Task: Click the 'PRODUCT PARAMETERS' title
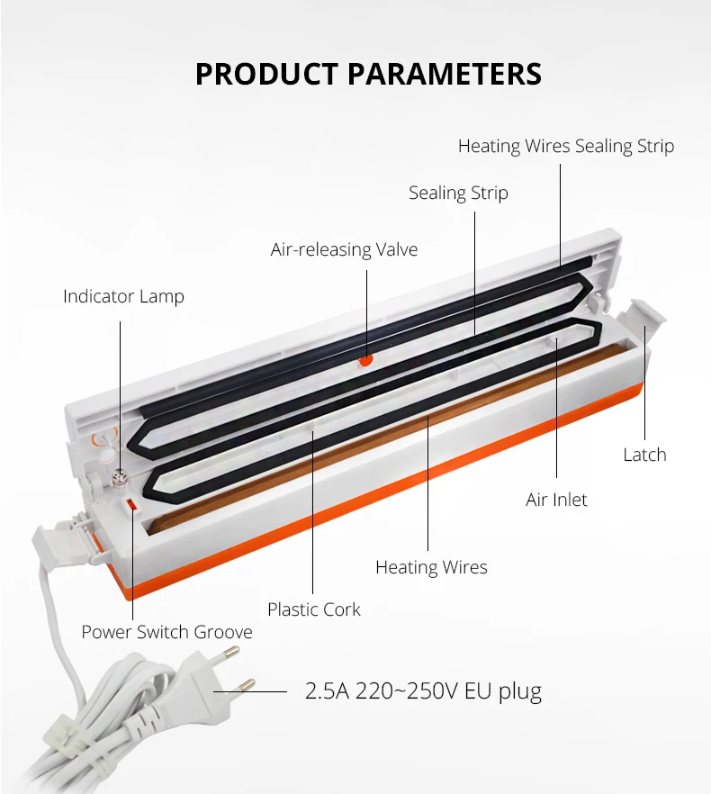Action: coord(368,74)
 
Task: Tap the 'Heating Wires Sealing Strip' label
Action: coord(566,147)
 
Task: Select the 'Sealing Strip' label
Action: coord(458,193)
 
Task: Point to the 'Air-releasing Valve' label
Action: coord(344,249)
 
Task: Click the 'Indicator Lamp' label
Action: coord(123,296)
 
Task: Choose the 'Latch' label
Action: coord(644,455)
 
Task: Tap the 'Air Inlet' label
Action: coord(556,500)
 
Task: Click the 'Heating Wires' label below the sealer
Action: coord(431,567)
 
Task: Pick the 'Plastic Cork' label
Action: coord(314,609)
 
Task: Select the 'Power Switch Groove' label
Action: coord(167,632)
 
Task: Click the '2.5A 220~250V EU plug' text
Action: coord(423,690)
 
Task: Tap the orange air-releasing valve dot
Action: coord(365,360)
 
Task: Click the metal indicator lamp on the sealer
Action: coord(120,477)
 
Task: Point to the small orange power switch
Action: coord(131,504)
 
